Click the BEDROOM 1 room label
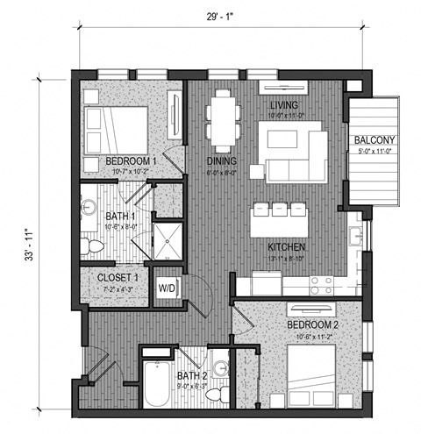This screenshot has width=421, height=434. point(131,161)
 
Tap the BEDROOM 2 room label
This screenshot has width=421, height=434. point(311,324)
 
